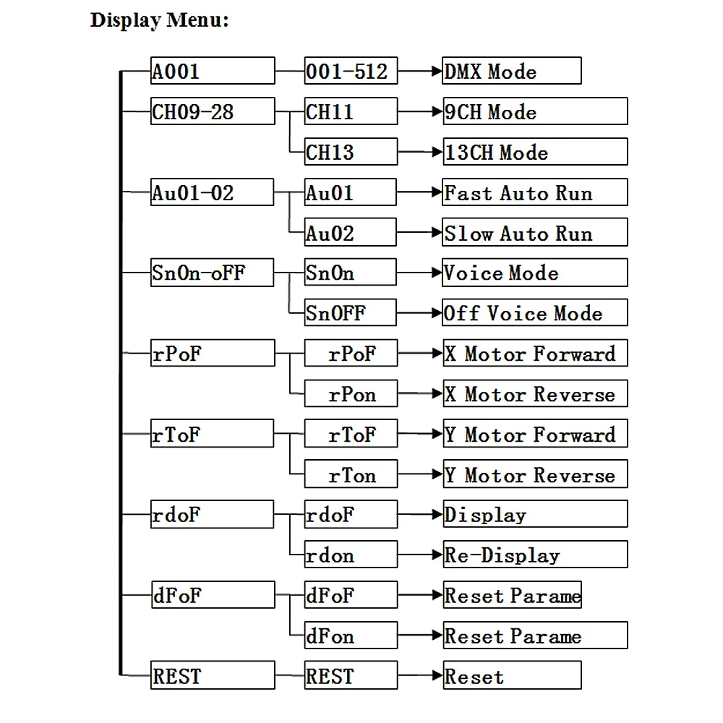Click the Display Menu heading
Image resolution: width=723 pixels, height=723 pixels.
[159, 21]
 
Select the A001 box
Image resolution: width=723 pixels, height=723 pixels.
[213, 71]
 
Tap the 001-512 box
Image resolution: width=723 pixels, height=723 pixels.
[351, 71]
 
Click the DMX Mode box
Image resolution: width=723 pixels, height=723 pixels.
[512, 71]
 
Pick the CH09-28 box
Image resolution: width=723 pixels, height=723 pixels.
[213, 111]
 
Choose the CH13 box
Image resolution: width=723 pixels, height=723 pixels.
[351, 152]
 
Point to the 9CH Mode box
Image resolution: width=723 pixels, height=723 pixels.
[535, 111]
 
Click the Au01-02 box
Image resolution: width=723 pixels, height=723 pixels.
[212, 192]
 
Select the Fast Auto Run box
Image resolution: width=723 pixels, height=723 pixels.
[535, 192]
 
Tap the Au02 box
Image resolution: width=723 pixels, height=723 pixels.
[351, 232]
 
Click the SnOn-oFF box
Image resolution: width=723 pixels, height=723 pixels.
[212, 273]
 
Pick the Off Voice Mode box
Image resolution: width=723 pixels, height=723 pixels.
[535, 312]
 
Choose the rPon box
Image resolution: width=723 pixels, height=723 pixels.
[351, 393]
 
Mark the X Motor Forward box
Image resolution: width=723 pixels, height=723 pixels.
[535, 354]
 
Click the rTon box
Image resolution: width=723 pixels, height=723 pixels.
[351, 474]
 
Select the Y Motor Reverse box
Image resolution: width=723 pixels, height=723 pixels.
[535, 474]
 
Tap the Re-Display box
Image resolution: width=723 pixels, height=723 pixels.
[535, 555]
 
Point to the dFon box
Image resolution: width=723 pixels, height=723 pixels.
[351, 636]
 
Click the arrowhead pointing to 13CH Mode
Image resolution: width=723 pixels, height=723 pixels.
[437, 152]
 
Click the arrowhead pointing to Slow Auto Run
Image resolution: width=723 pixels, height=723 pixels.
[436, 232]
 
